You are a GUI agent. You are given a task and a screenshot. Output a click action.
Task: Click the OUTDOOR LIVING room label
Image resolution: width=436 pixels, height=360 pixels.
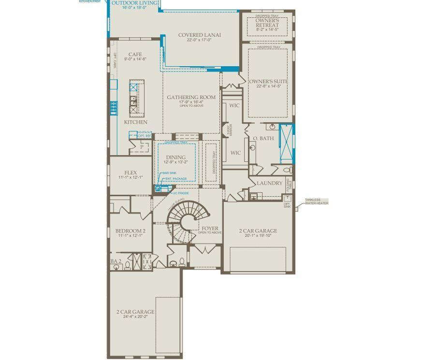[x=134, y=3]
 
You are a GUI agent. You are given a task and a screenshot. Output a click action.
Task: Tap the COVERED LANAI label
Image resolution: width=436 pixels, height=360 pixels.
[x=199, y=35]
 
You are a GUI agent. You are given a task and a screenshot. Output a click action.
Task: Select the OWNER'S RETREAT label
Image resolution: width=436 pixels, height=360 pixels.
[x=267, y=23]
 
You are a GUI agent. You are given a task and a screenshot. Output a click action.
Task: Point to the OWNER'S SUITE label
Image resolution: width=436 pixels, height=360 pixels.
[x=268, y=82]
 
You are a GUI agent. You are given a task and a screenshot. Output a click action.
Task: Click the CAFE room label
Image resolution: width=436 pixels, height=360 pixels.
[x=135, y=55]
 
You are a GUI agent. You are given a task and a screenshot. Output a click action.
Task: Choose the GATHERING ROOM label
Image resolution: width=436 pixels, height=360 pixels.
[x=191, y=97]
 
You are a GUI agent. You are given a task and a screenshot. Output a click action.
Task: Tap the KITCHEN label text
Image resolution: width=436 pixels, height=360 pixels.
[x=136, y=122]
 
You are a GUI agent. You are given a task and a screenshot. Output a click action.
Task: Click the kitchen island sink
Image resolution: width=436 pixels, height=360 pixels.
[x=133, y=101]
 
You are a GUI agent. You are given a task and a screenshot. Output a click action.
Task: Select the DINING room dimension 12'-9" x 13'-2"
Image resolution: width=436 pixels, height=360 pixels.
[x=175, y=162]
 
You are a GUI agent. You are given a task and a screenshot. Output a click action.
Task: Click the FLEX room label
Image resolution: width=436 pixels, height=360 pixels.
[x=131, y=173]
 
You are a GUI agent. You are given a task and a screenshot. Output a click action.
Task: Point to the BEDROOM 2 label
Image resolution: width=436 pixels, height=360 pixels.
[x=131, y=231]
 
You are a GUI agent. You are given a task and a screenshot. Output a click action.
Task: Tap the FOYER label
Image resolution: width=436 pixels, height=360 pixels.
[x=210, y=228]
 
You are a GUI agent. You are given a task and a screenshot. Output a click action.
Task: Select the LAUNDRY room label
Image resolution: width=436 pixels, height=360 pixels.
[x=269, y=183]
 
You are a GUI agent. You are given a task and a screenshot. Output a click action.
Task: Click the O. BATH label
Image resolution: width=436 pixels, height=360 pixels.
[x=263, y=138]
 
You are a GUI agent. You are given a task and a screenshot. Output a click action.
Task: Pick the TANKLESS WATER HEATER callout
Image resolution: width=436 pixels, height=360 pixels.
[x=316, y=202]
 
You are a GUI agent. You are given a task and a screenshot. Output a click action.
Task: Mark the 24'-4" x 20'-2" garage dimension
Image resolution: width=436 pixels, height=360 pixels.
[x=135, y=317]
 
